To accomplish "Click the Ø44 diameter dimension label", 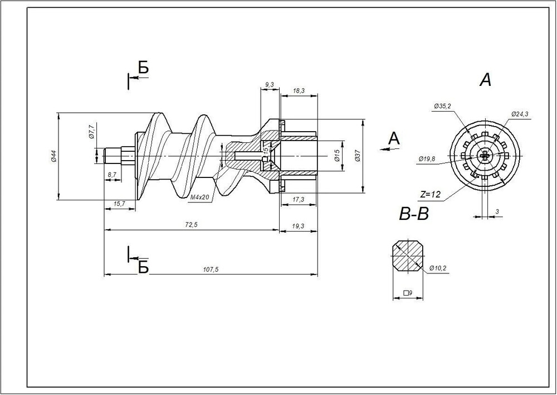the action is [53, 157].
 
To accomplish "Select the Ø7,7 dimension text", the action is [91, 132].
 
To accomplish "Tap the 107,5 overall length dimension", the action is [211, 269].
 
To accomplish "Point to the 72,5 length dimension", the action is [191, 225].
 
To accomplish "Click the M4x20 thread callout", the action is [200, 197].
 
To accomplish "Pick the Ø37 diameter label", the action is [358, 156].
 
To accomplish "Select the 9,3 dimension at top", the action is [270, 84].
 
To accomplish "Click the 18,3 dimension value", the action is [299, 91].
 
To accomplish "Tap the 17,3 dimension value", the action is [299, 200].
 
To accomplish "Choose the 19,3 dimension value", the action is [299, 226].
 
